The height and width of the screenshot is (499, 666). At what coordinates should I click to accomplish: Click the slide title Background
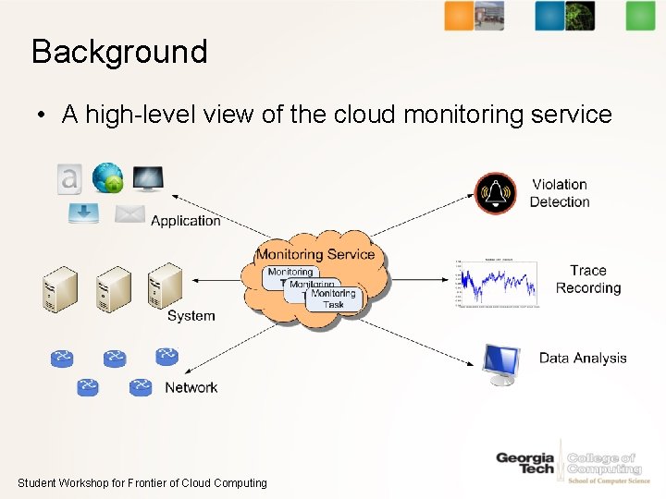[x=119, y=52]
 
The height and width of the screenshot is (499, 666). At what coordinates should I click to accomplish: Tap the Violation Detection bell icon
[x=495, y=193]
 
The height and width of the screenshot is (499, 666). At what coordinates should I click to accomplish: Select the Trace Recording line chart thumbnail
[x=496, y=282]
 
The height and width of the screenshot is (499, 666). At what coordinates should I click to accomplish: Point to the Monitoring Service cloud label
[x=315, y=254]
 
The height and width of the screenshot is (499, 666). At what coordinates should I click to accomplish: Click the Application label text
[x=185, y=221]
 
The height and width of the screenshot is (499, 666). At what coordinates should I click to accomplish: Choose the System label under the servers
[x=191, y=316]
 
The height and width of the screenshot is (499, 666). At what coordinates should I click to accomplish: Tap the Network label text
[x=191, y=388]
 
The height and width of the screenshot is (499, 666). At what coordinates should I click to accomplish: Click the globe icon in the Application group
[x=107, y=177]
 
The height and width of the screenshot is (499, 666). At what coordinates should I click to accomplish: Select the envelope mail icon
[x=130, y=214]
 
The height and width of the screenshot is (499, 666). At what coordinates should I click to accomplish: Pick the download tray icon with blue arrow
[x=83, y=214]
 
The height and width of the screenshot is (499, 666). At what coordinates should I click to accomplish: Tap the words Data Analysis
[x=583, y=359]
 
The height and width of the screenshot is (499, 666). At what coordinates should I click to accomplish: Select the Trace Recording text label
[x=588, y=279]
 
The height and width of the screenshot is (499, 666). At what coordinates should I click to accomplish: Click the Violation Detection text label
[x=560, y=193]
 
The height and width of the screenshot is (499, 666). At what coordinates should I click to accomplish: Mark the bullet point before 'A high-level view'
[x=43, y=116]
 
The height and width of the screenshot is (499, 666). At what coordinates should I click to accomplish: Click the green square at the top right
[x=639, y=16]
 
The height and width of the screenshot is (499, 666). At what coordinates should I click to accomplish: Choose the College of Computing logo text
[x=604, y=464]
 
